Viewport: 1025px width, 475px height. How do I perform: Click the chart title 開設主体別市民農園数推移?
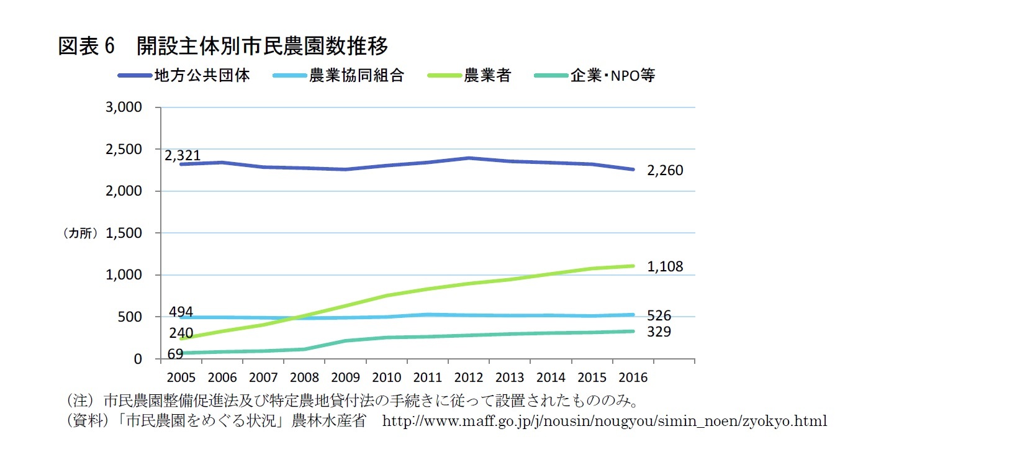point(262,45)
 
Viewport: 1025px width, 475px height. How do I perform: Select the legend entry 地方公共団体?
point(202,76)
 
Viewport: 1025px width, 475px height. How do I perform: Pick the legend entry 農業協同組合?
point(356,76)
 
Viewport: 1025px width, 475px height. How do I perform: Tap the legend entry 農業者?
point(487,76)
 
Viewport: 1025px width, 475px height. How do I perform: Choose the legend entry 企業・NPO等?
point(612,76)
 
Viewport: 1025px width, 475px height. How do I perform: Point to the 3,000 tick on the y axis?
point(124,107)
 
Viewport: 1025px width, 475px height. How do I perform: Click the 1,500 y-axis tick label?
point(124,233)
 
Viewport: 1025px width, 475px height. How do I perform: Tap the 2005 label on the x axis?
point(181,378)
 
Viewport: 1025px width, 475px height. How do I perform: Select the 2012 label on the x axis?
point(468,378)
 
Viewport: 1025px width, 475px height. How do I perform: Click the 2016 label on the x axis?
point(633,378)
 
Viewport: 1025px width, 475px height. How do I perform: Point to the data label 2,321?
point(183,155)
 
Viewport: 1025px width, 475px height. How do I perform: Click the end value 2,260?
point(665,170)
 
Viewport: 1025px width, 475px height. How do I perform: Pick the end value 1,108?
point(665,266)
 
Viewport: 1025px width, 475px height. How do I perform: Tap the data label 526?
point(659,315)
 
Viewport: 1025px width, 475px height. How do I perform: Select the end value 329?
point(659,332)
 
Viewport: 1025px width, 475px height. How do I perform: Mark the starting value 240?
point(181,333)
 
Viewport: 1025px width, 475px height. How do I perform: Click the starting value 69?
point(175,354)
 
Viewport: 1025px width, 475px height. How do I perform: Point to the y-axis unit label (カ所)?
point(81,233)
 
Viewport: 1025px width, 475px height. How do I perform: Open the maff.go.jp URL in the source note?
point(604,421)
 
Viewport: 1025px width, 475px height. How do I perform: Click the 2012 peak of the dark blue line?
point(469,158)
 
